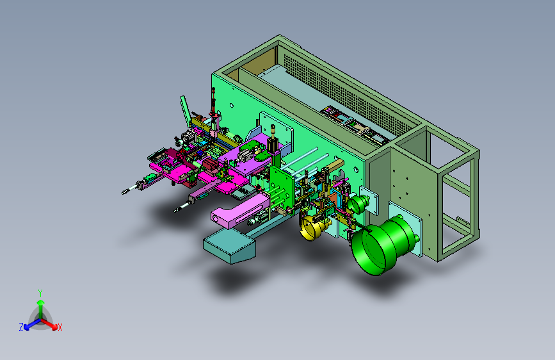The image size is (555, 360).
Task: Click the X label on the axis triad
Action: pyautogui.click(x=60, y=327)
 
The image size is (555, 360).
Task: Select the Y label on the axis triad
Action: pyautogui.click(x=40, y=293)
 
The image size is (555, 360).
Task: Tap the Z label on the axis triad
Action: pyautogui.click(x=21, y=327)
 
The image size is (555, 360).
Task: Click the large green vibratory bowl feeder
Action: pyautogui.click(x=382, y=245)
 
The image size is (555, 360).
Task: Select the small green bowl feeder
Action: pyautogui.click(x=358, y=204)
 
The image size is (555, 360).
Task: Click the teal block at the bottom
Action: pyautogui.click(x=229, y=245)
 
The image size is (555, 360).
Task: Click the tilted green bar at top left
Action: pyautogui.click(x=186, y=111)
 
